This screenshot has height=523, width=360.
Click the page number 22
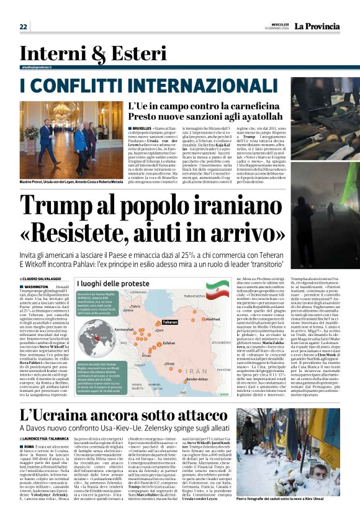tap(23, 27)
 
